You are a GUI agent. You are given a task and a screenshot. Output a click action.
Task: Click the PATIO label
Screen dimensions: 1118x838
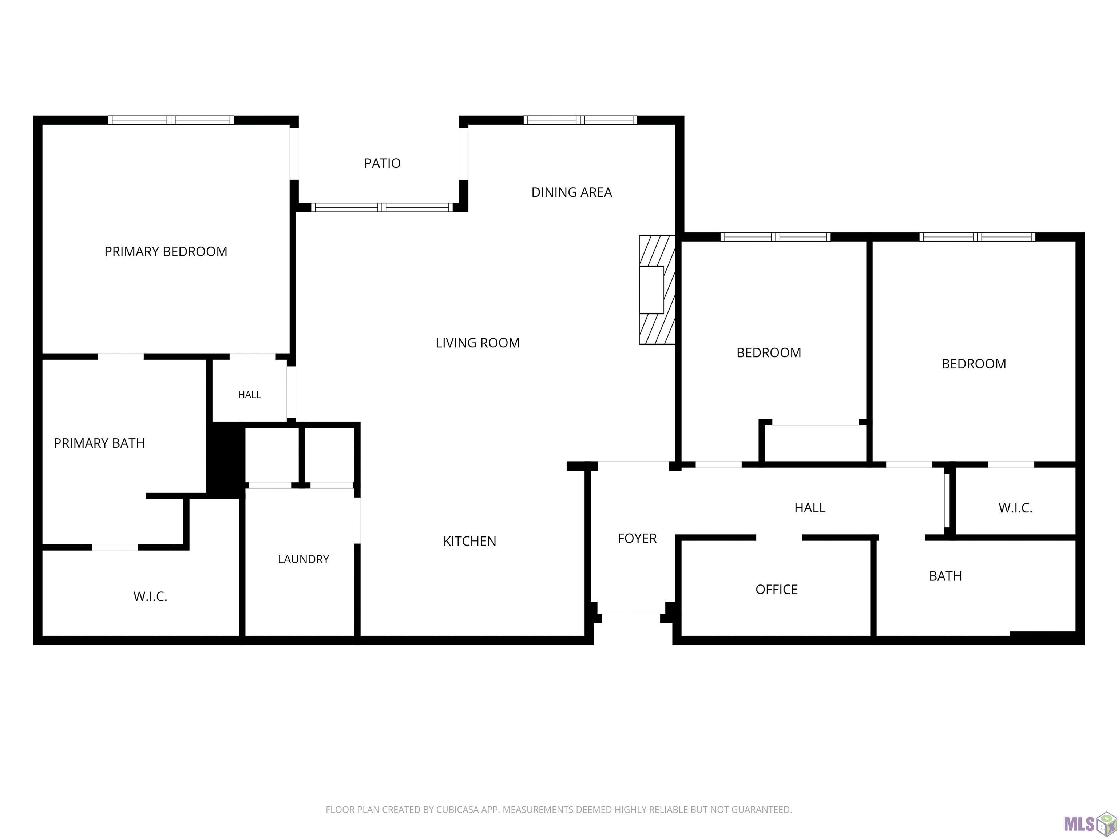[382, 163]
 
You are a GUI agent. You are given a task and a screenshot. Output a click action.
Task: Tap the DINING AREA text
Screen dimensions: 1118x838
[572, 192]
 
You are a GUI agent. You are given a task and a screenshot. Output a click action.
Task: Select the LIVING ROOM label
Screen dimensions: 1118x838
[477, 343]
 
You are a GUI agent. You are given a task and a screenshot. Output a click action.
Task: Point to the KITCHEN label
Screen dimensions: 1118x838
[469, 541]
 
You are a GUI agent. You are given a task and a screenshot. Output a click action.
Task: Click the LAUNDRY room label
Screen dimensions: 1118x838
[303, 559]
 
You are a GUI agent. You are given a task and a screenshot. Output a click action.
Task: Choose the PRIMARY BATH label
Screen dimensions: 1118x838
[99, 443]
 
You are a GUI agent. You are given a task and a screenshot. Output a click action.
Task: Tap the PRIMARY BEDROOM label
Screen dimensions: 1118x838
[166, 252]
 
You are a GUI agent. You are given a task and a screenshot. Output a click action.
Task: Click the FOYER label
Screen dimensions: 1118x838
[637, 538]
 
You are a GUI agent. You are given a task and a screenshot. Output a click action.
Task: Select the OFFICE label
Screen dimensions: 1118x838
[776, 590]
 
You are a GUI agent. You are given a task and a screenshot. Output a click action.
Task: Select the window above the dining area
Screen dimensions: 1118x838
[580, 120]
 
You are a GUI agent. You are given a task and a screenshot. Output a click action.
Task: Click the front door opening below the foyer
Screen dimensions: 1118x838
[631, 618]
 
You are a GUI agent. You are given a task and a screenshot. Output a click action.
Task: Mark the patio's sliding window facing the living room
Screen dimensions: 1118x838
[382, 207]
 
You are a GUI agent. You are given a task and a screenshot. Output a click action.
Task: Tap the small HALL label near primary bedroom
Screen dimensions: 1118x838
[250, 395]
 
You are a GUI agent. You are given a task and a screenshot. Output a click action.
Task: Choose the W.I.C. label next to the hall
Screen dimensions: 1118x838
[1015, 508]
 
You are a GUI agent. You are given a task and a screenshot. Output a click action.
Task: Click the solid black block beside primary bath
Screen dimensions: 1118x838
[226, 460]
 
